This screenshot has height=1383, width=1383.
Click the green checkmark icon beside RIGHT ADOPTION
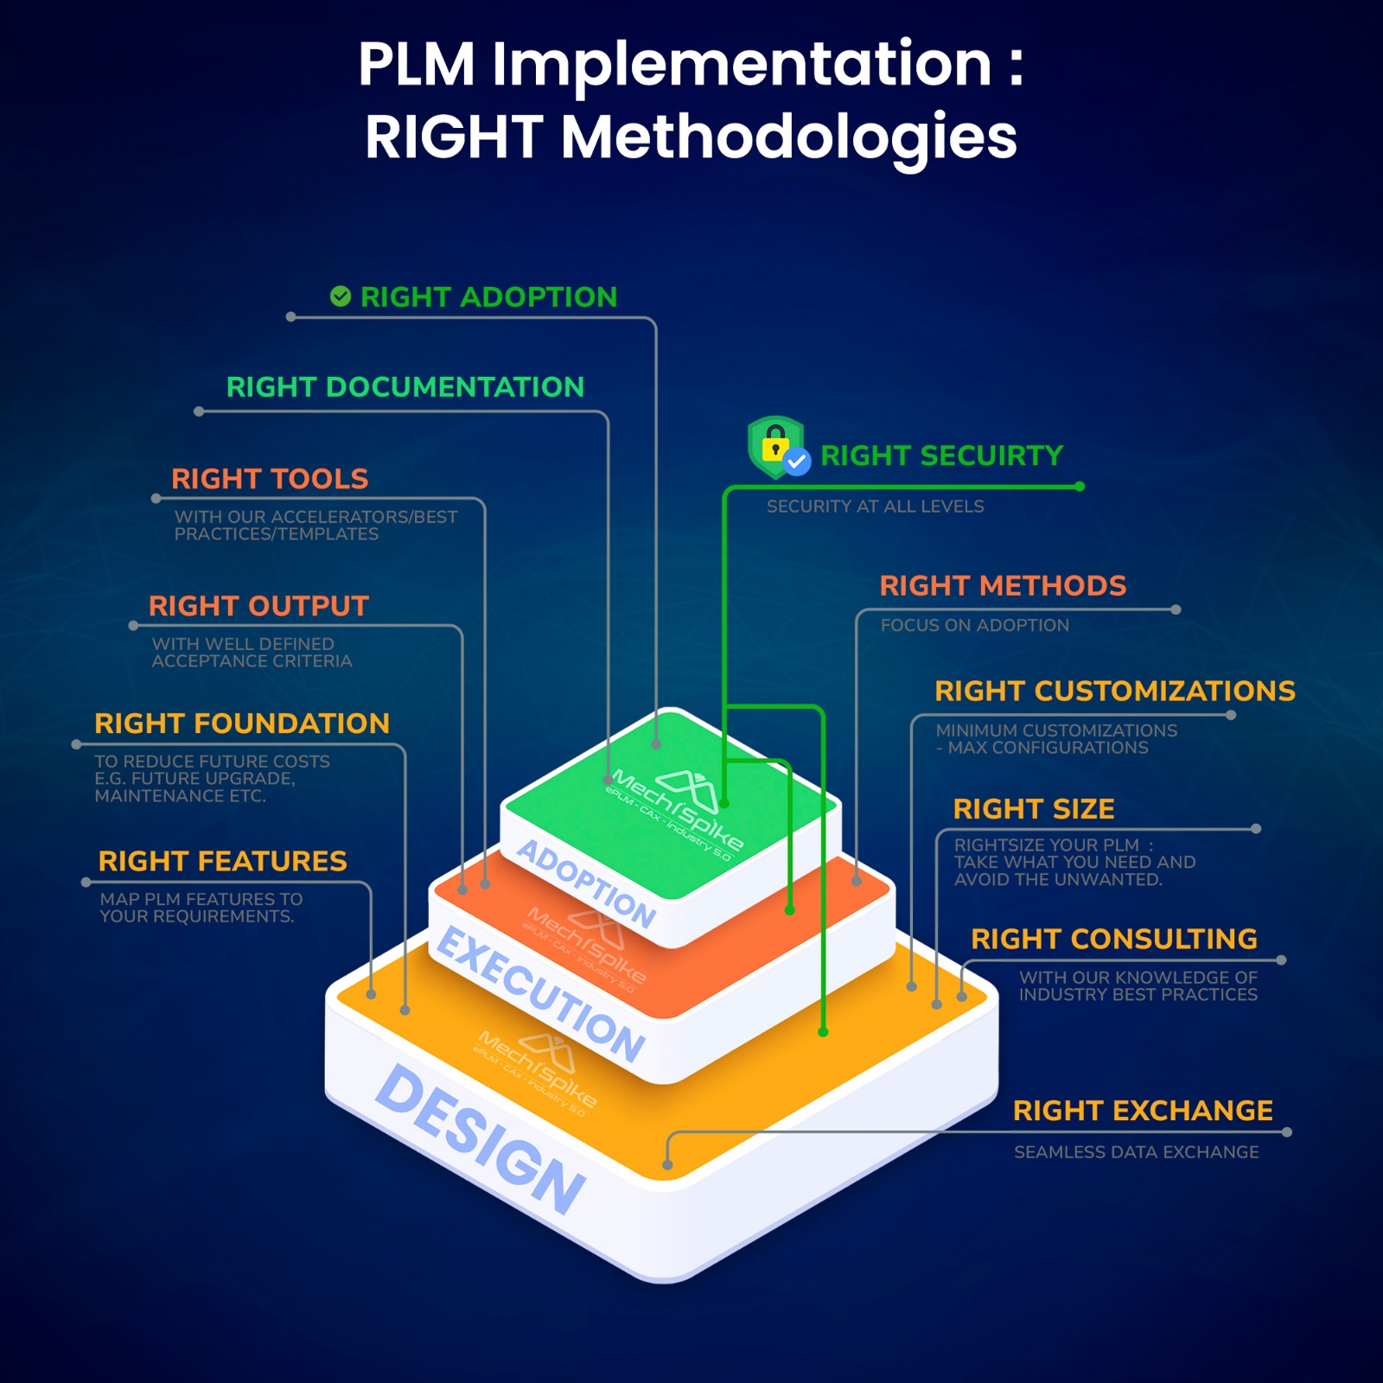[341, 296]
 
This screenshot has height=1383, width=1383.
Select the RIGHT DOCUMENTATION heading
[405, 386]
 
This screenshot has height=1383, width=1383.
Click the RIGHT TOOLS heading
[270, 478]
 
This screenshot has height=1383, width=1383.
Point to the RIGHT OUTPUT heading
[258, 605]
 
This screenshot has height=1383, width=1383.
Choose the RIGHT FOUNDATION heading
[242, 723]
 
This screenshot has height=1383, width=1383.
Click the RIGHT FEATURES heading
[222, 861]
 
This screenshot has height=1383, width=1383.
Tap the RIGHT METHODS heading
[1003, 585]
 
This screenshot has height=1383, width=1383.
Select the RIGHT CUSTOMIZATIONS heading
[1114, 691]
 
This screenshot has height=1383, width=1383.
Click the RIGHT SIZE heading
[1033, 808]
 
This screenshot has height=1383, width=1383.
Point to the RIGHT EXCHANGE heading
[1142, 1110]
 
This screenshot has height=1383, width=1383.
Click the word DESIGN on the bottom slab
[481, 1139]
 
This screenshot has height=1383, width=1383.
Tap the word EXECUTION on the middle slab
[541, 994]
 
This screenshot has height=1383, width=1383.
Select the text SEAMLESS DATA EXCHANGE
[1136, 1151]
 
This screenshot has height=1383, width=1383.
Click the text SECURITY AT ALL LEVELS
[875, 507]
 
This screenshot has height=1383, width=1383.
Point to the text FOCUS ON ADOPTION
[974, 625]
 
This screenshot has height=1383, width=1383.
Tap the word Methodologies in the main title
[788, 137]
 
